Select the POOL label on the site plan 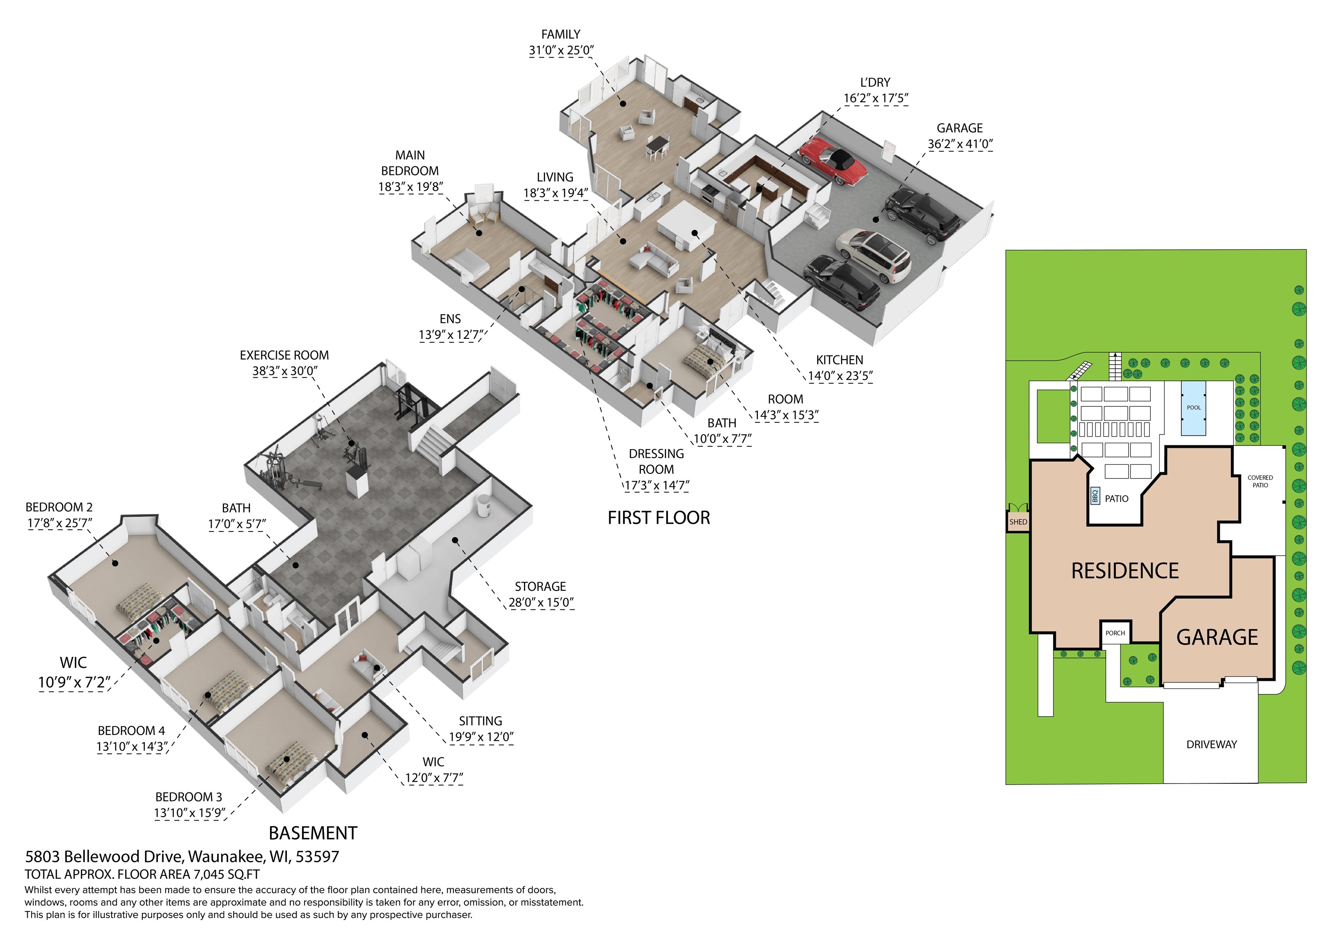[x=1194, y=408]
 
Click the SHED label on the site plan [x=1018, y=522]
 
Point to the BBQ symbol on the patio [x=1095, y=496]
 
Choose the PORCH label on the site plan [x=1115, y=633]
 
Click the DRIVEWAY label [x=1211, y=744]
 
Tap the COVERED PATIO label [x=1260, y=481]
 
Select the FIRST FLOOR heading [x=659, y=518]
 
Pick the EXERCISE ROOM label [x=284, y=355]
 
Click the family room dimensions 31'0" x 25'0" [x=561, y=50]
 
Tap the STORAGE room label [x=541, y=587]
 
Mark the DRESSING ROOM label [x=656, y=462]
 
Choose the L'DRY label [x=875, y=83]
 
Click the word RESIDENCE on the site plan [x=1125, y=571]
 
